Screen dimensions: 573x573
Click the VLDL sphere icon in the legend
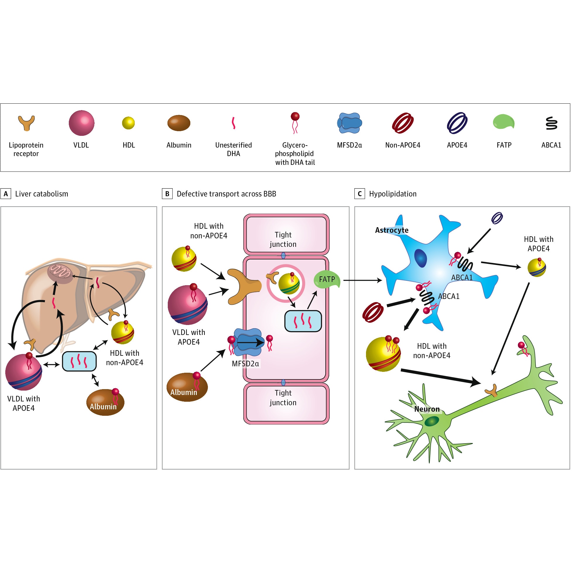coord(82,123)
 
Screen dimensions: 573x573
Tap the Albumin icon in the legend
coord(179,123)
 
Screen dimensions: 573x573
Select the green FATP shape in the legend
coord(504,122)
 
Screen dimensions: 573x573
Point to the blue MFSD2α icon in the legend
coord(349,123)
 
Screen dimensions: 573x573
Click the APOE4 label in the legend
coord(457,145)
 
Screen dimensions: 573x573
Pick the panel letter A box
coord(6,194)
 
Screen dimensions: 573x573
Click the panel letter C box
coord(360,194)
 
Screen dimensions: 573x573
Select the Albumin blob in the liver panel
coord(105,402)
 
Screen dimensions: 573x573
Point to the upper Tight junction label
coord(283,239)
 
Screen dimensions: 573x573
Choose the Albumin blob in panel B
coord(187,387)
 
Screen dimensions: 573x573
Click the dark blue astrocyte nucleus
coord(420,258)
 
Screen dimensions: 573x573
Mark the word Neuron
coord(427,409)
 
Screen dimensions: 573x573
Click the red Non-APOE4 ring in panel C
coord(373,312)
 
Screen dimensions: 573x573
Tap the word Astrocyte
coord(391,230)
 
